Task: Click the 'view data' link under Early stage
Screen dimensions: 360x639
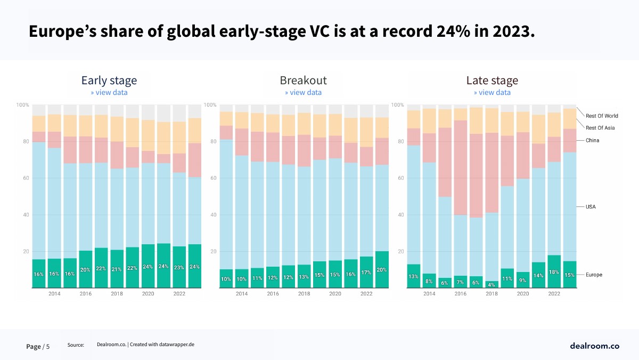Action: [109, 92]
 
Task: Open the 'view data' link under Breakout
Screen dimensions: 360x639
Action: [303, 92]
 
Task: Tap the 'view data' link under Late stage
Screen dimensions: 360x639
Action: [492, 92]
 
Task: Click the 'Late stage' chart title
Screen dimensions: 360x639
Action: [492, 81]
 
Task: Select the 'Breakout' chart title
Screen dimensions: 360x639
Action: [303, 81]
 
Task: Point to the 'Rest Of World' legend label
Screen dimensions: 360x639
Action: [602, 116]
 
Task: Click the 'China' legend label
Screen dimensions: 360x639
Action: [592, 140]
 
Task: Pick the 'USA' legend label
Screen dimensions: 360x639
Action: [591, 206]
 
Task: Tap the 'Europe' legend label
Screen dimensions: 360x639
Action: [594, 275]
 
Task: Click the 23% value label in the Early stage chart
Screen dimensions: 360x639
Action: [179, 268]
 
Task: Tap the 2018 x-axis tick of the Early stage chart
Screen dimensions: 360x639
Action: [117, 294]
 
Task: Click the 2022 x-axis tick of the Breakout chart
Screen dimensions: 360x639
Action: [366, 294]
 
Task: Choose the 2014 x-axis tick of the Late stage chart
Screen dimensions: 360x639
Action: [429, 294]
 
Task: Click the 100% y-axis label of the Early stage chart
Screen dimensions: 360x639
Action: [23, 105]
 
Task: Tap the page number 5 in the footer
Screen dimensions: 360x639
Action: [48, 347]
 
